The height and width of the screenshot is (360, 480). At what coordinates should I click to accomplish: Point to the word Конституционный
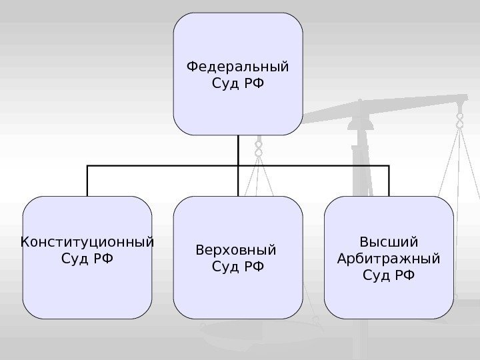(x=87, y=241)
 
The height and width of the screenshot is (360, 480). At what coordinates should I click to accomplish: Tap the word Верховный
(x=235, y=251)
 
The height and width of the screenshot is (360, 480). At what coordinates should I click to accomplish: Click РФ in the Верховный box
(x=253, y=267)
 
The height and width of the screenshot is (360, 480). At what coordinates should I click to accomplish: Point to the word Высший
(x=389, y=241)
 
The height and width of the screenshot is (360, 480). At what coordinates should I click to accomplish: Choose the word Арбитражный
(x=389, y=257)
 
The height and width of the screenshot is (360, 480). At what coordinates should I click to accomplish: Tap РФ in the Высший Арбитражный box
(x=404, y=273)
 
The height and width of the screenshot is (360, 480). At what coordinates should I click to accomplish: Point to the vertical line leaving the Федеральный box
(x=238, y=150)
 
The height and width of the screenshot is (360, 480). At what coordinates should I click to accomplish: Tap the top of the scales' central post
(x=361, y=103)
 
